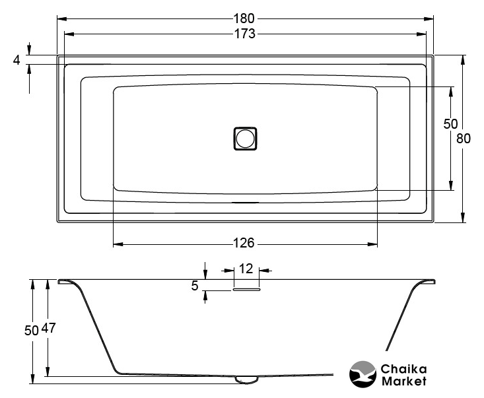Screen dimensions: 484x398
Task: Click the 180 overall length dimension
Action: (244, 18)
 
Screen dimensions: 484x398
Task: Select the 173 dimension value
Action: (245, 34)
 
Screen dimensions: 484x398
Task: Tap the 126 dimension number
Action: (244, 243)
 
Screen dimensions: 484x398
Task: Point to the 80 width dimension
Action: (464, 139)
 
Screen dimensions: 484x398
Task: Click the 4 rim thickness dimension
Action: (17, 60)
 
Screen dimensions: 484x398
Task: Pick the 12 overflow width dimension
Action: (246, 269)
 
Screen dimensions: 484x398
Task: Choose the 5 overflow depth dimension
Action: (195, 286)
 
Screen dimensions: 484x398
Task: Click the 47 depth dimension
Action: (49, 328)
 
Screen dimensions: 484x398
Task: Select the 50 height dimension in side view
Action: (32, 331)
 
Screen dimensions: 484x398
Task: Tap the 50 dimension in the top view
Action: (450, 123)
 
